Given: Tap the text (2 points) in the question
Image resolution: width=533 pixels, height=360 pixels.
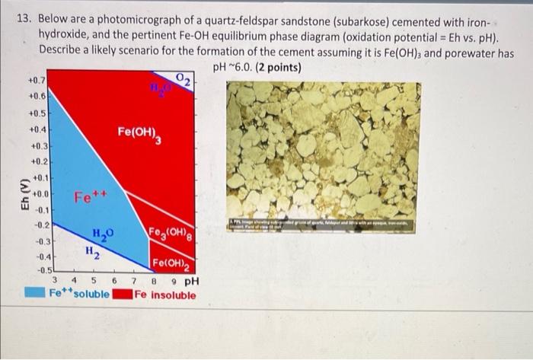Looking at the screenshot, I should [279, 67].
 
